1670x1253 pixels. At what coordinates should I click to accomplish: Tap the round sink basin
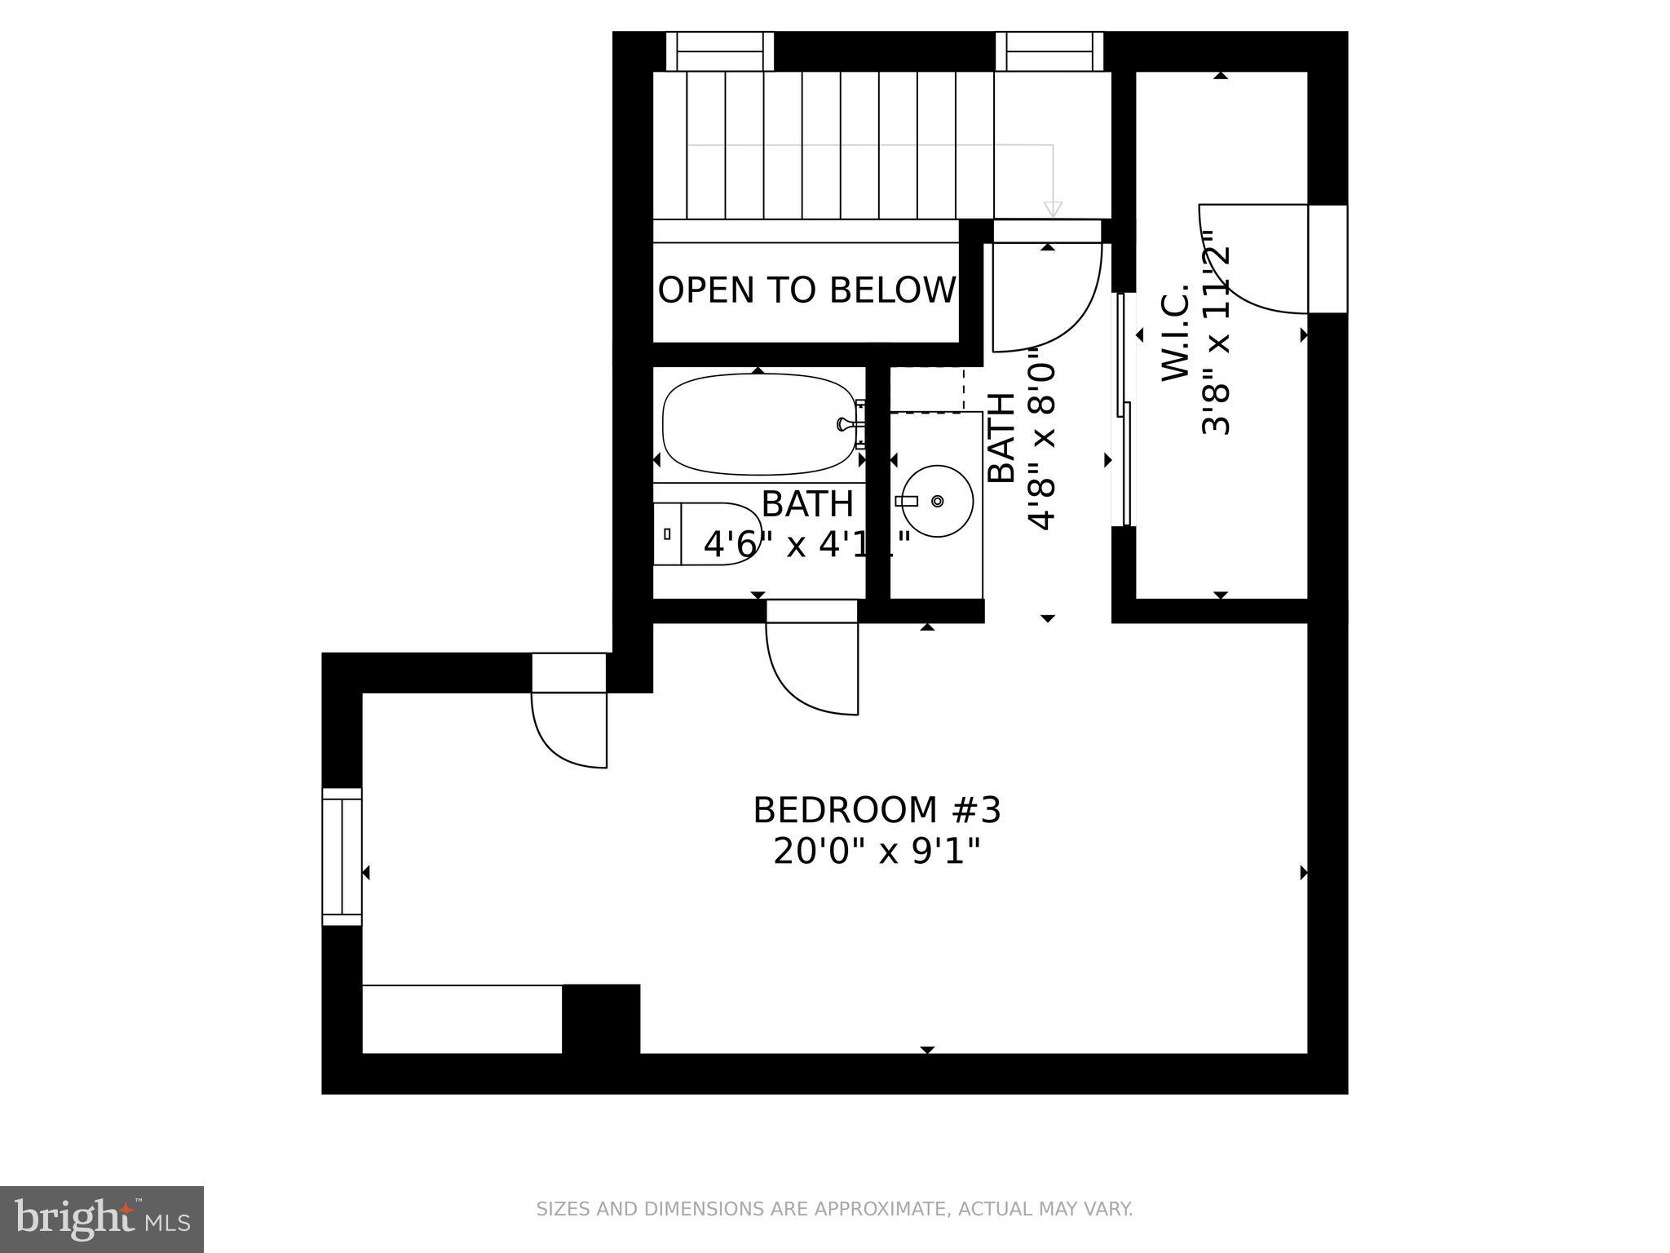point(937,501)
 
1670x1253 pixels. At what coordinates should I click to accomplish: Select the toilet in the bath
point(706,534)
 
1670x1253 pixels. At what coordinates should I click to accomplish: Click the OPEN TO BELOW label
point(806,290)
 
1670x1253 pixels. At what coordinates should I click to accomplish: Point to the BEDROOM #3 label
point(877,811)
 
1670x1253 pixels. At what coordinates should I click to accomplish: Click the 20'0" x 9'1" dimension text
point(877,852)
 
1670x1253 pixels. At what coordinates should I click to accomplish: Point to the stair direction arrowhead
point(1053,210)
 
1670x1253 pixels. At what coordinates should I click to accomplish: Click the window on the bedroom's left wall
point(342,857)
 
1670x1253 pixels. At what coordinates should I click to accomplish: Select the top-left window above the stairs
point(720,51)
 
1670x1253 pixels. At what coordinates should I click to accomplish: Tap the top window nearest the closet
point(1049,51)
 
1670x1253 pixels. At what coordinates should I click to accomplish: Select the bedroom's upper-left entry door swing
point(570,728)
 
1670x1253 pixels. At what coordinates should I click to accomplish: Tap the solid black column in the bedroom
point(601,1019)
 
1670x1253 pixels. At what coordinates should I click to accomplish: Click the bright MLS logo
point(102,1220)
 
